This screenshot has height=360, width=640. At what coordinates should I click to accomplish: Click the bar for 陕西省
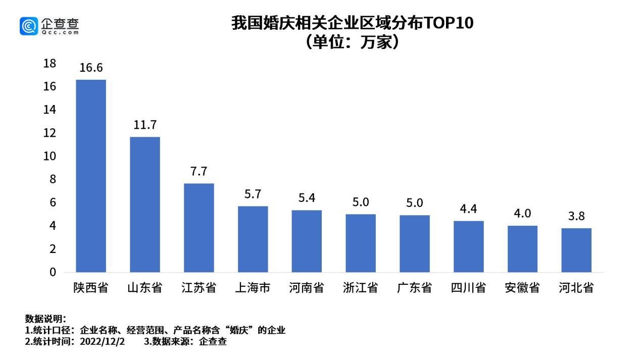click(x=91, y=176)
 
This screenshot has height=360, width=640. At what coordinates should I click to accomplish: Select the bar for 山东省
click(x=145, y=204)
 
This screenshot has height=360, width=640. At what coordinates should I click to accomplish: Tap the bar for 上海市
click(x=253, y=239)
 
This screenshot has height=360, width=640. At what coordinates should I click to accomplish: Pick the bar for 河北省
click(x=576, y=250)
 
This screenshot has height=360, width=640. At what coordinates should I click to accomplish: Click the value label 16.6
click(x=91, y=68)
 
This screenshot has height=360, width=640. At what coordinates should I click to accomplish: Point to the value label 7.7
click(x=199, y=172)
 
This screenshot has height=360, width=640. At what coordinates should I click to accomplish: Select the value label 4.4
click(x=468, y=209)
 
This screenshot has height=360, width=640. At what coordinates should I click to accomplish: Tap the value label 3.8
click(x=576, y=216)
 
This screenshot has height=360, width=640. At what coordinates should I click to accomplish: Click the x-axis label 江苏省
click(x=199, y=288)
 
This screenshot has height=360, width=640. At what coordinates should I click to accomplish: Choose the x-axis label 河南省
click(x=307, y=288)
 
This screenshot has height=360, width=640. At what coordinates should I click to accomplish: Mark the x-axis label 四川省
click(x=468, y=288)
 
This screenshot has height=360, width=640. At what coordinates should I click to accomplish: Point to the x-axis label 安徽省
click(x=522, y=288)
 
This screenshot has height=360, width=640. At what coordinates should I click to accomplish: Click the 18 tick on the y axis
click(x=50, y=64)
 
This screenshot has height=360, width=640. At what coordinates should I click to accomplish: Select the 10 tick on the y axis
click(x=50, y=156)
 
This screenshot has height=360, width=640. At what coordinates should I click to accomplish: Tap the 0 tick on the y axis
click(x=53, y=272)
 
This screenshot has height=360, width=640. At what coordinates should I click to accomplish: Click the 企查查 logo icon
click(x=29, y=26)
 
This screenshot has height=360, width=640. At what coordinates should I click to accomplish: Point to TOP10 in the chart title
click(x=448, y=23)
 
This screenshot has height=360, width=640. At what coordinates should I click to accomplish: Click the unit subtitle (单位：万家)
click(x=352, y=42)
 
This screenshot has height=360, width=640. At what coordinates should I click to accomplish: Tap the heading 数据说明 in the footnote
click(x=44, y=319)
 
